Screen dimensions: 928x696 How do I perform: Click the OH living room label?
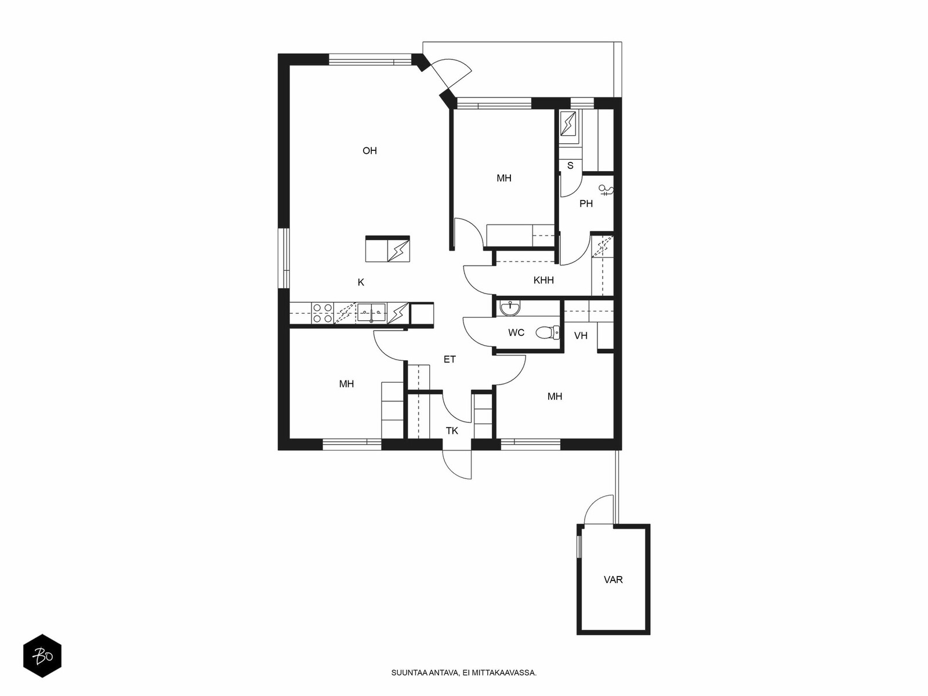pos(369,150)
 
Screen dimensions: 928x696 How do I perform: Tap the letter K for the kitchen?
pos(361,282)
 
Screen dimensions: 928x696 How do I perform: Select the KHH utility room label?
pos(543,280)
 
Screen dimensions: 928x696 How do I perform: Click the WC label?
pos(516,332)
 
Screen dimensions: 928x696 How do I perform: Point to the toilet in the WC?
pos(548,332)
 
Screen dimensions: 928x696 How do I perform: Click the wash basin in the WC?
pos(510,308)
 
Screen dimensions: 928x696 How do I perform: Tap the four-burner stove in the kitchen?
pos(322,313)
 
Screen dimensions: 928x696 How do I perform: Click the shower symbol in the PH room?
pos(606,191)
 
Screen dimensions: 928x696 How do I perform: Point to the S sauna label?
pos(570,166)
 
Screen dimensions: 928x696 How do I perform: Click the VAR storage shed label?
pos(613,580)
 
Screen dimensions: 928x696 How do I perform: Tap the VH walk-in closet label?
pos(581,336)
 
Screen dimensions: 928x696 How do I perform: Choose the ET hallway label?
pos(449,359)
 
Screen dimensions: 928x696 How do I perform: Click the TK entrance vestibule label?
pos(452,430)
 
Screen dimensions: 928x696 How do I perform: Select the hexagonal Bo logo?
pos(42,656)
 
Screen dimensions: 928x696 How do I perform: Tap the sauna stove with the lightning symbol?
pos(568,124)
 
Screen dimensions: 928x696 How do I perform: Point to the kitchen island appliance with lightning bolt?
pos(398,251)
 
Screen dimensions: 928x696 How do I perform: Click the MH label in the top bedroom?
pos(504,178)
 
